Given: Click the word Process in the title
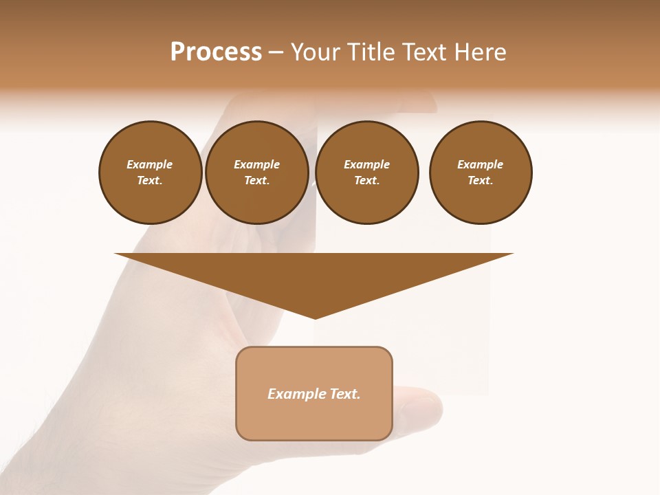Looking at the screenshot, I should pyautogui.click(x=216, y=52).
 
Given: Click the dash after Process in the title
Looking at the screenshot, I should pyautogui.click(x=276, y=53).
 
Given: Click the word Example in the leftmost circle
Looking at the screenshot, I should pyautogui.click(x=150, y=164).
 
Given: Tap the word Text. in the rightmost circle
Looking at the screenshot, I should pyautogui.click(x=481, y=180).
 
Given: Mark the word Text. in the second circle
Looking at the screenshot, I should pyautogui.click(x=257, y=180).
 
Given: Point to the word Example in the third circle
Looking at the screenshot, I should pyautogui.click(x=367, y=164).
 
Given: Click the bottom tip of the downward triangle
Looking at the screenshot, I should pyautogui.click(x=315, y=317).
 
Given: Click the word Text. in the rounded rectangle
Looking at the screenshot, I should pyautogui.click(x=345, y=394).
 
